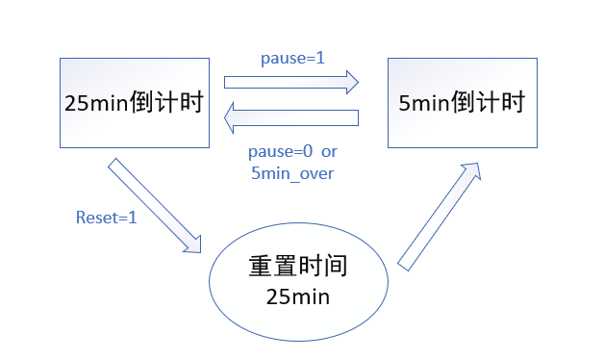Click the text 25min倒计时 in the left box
(x=134, y=103)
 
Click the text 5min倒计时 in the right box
(x=462, y=103)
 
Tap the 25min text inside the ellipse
(x=297, y=296)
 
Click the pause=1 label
(x=292, y=58)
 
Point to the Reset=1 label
(x=106, y=218)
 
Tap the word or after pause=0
(x=329, y=152)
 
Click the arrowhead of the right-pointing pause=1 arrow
(x=349, y=83)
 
